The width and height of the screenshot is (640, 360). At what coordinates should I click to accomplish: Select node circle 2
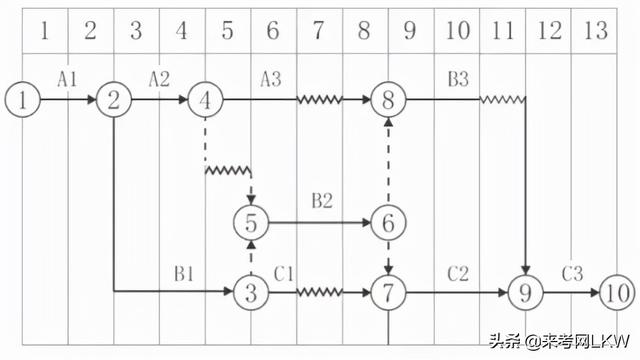point(114,100)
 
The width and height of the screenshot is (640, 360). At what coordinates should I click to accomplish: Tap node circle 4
point(205,100)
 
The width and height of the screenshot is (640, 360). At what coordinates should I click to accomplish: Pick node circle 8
point(388,100)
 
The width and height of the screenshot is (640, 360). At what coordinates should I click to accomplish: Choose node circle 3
point(251,293)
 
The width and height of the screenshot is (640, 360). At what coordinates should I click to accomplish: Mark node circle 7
point(388,293)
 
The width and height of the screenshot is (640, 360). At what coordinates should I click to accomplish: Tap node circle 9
point(525,293)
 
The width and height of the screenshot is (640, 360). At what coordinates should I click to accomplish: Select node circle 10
point(617,293)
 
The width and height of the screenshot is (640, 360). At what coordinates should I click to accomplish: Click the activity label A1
point(67,79)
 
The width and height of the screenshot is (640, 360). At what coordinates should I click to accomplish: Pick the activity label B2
point(321,201)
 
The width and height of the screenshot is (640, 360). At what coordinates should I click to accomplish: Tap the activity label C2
point(457,272)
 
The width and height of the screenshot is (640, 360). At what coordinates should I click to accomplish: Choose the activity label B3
point(457,79)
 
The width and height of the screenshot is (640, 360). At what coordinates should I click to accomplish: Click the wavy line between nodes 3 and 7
point(320,293)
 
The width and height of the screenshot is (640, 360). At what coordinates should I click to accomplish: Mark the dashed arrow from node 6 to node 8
point(388,160)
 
